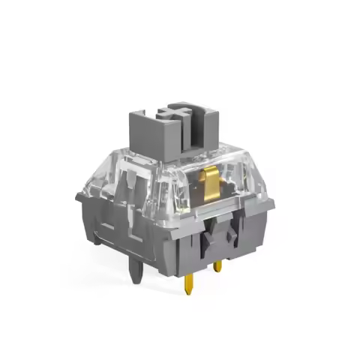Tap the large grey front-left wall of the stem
(154, 139)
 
